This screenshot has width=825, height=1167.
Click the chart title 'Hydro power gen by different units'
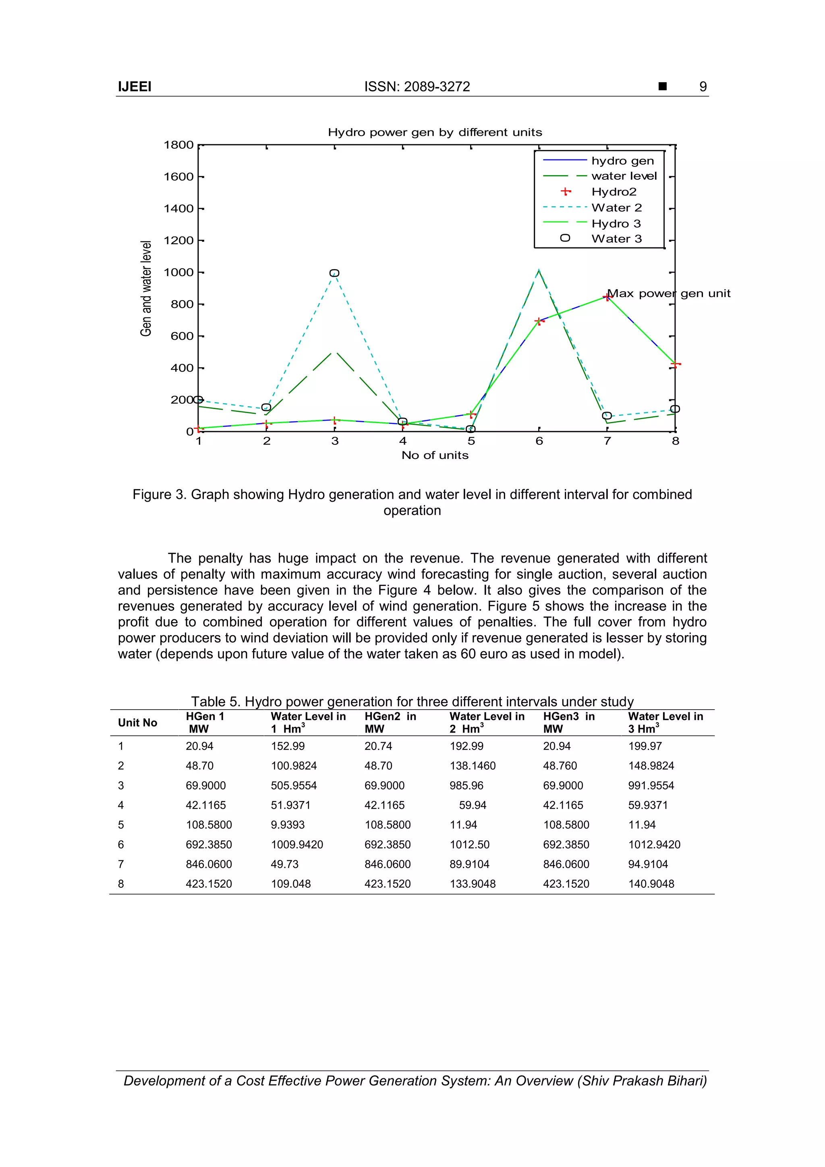click(435, 133)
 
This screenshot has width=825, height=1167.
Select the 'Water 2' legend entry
click(616, 208)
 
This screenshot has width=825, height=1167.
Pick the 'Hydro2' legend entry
click(614, 192)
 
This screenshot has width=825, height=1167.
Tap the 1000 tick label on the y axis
click(178, 272)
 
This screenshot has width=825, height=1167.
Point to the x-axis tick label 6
click(539, 441)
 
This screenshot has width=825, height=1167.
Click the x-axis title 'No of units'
click(435, 455)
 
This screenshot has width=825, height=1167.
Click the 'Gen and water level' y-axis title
click(146, 288)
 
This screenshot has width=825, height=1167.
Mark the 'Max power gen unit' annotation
click(669, 294)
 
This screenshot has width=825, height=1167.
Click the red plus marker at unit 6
click(539, 321)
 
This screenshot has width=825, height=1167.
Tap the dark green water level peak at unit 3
click(334, 352)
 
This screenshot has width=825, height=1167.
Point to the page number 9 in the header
click(703, 87)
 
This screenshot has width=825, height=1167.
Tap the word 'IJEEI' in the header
click(135, 87)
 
